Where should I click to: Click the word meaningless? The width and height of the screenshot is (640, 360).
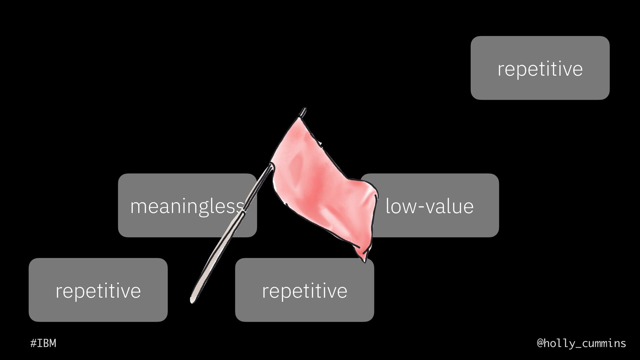(x=187, y=206)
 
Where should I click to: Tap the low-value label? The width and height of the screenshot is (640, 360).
(x=429, y=206)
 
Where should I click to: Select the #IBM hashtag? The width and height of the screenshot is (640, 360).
(x=43, y=343)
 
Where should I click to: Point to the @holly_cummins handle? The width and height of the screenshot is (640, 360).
(x=581, y=343)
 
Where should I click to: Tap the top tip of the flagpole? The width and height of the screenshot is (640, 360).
(x=304, y=109)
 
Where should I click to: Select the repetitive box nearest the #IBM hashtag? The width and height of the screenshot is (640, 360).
(x=98, y=290)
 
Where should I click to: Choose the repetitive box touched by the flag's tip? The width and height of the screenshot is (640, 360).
(x=304, y=290)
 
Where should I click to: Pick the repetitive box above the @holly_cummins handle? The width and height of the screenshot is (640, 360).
(x=540, y=68)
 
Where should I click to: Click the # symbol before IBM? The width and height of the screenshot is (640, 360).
(x=33, y=343)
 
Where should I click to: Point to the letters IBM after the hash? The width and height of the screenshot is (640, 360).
(x=47, y=343)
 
